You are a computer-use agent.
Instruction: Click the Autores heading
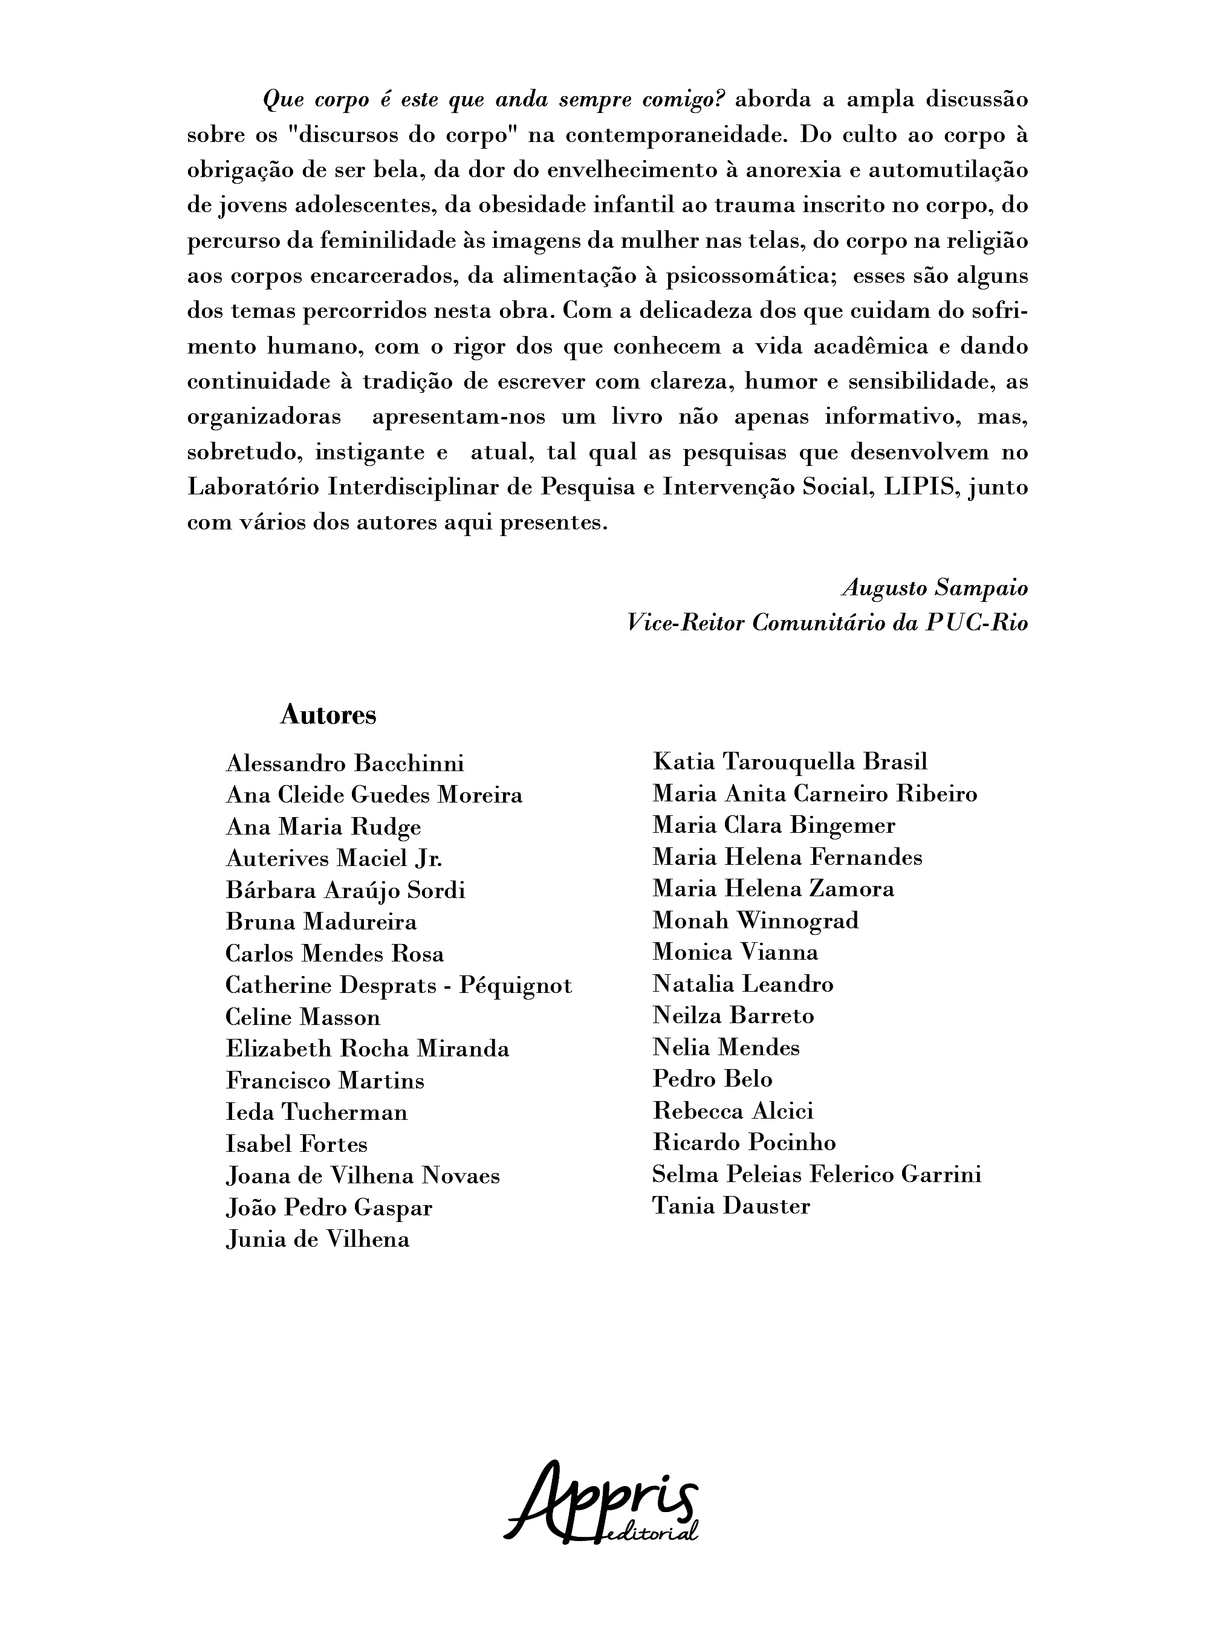pos(328,715)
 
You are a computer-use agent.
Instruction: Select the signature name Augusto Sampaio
pos(935,588)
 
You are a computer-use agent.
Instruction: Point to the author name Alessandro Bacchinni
pos(345,763)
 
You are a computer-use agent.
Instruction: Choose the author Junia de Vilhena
pos(317,1240)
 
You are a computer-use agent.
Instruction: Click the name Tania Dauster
pos(731,1206)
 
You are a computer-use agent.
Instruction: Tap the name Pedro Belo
pos(712,1079)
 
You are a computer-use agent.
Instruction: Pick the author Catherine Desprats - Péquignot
pos(398,985)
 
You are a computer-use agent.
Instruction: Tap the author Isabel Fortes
pos(296,1144)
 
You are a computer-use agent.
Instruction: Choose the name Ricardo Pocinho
pos(744,1142)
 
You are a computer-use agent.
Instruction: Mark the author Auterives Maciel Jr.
pos(334,858)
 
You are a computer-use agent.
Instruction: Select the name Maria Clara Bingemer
pos(774,825)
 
